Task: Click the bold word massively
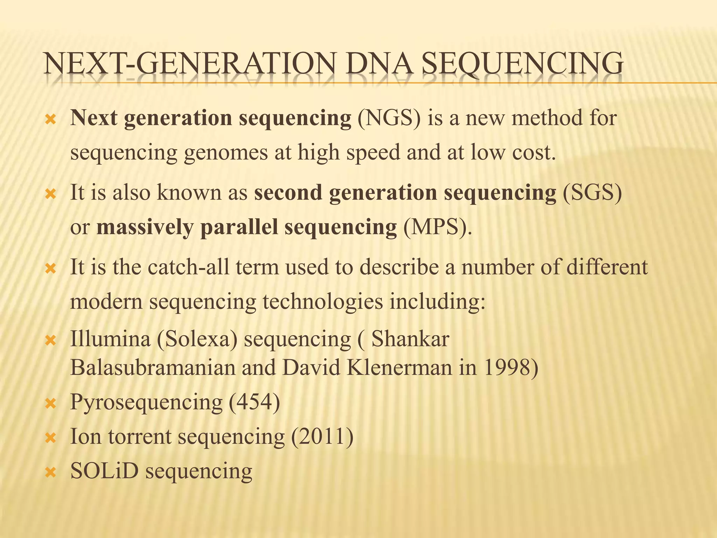(x=145, y=228)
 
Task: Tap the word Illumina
(x=110, y=339)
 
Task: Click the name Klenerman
(x=399, y=368)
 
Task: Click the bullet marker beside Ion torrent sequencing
(x=51, y=438)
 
